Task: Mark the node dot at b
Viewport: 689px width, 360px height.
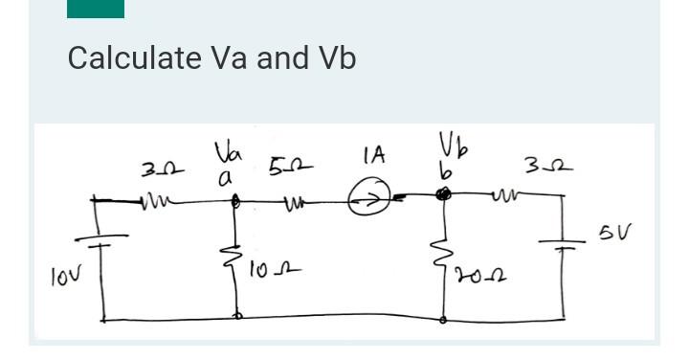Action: [x=442, y=195]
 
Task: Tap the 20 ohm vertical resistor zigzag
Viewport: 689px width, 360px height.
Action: [x=444, y=256]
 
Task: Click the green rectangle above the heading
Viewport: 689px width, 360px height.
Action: [x=96, y=9]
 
